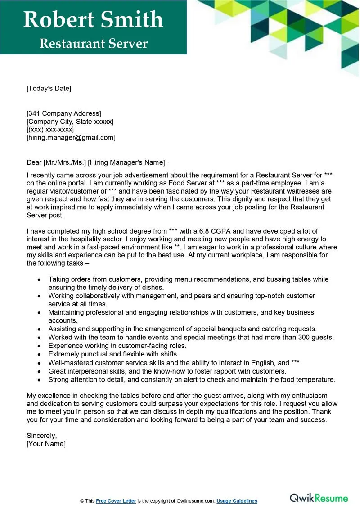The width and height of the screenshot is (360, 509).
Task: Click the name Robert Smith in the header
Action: click(93, 20)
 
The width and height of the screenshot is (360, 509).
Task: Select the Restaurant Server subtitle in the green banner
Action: click(93, 43)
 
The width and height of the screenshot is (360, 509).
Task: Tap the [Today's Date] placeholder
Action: click(49, 89)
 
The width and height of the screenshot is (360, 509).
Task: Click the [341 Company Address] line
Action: click(64, 113)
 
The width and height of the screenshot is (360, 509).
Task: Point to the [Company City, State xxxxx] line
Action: click(70, 122)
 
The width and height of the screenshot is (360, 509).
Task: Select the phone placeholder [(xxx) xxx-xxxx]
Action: click(50, 130)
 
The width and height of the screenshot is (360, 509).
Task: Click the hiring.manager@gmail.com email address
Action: click(71, 138)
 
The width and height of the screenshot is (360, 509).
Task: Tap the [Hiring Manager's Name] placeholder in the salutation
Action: click(127, 162)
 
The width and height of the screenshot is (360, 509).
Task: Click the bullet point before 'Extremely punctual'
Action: click(40, 354)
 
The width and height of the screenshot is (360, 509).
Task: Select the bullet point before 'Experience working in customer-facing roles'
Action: click(40, 346)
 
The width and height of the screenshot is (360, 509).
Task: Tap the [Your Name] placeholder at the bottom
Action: click(46, 444)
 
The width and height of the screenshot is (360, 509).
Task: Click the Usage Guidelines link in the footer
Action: click(237, 501)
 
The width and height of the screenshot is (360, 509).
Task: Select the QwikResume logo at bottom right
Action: click(319, 498)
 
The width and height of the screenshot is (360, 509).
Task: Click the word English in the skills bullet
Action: click(264, 362)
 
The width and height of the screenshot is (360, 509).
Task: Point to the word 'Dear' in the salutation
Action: click(34, 162)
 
